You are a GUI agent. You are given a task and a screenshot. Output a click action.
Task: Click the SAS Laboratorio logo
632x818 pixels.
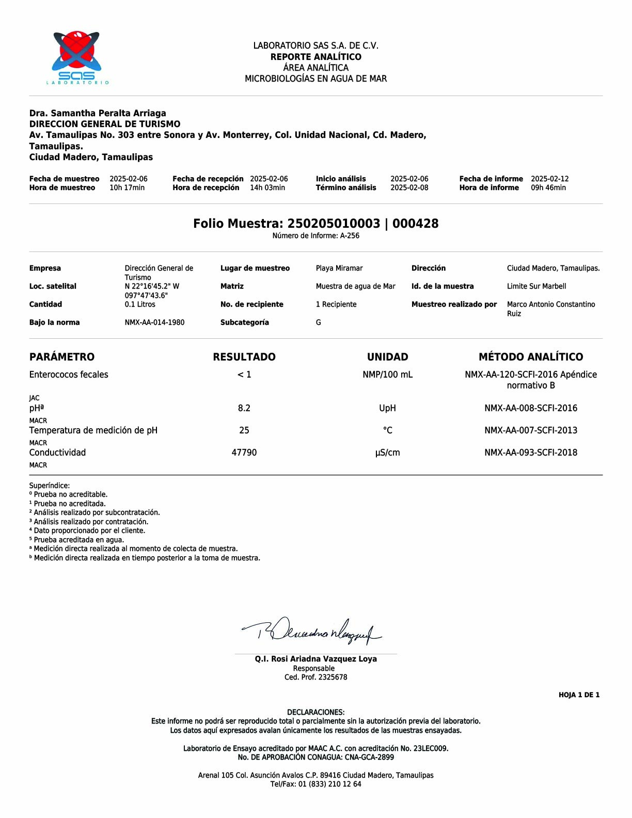[76, 57]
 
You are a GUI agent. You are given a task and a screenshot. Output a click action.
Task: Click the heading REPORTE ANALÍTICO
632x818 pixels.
[315, 57]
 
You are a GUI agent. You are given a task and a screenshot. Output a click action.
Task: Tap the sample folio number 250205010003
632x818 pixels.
[334, 224]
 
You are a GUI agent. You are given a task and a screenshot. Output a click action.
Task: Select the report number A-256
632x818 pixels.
[350, 235]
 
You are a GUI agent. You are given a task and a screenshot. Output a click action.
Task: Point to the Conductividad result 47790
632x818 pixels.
[244, 452]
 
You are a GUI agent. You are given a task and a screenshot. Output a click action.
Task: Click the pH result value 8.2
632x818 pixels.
[244, 408]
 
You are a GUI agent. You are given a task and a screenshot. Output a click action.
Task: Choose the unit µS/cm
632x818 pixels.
[387, 453]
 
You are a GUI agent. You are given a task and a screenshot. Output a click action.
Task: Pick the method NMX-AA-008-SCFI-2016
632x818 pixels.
[530, 408]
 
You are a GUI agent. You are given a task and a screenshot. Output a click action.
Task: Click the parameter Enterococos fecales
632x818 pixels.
[69, 374]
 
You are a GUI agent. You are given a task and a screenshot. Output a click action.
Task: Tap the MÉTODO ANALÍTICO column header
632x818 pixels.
[530, 357]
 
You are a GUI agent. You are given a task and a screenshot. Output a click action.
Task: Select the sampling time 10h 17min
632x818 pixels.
[127, 187]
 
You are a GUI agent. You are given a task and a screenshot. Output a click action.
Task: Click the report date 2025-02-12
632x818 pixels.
[549, 179]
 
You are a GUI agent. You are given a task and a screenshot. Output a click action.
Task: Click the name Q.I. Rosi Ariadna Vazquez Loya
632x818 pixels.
[315, 659]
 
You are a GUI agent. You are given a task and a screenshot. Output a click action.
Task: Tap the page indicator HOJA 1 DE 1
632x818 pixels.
[579, 695]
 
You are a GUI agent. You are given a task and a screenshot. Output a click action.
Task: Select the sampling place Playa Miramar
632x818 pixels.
[339, 268]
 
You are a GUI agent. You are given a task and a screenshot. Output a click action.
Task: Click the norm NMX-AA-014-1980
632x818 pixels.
[154, 322]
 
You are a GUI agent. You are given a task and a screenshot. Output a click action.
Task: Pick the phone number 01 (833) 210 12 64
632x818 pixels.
[329, 784]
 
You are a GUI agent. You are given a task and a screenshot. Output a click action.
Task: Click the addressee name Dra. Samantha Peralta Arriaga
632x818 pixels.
[98, 113]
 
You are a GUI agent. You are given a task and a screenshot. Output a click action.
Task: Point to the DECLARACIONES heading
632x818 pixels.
[315, 712]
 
